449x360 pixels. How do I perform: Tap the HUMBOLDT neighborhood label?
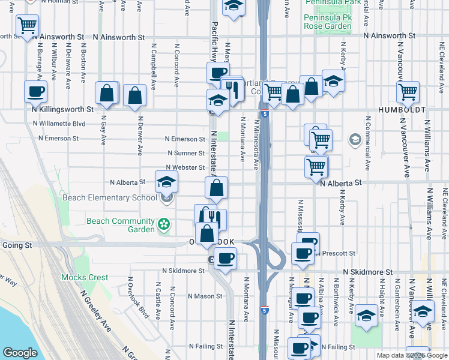[x=402, y=110]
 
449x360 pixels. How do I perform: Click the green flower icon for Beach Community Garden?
[x=162, y=225]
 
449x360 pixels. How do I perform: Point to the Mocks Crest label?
[x=85, y=277]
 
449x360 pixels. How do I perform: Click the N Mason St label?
[x=205, y=296]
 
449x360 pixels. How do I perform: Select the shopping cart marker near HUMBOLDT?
[x=408, y=92]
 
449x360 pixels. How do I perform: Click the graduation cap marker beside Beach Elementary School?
[x=167, y=181]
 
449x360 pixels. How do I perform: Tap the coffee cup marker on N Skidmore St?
[x=225, y=259]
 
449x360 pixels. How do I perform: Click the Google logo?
[x=20, y=353]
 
